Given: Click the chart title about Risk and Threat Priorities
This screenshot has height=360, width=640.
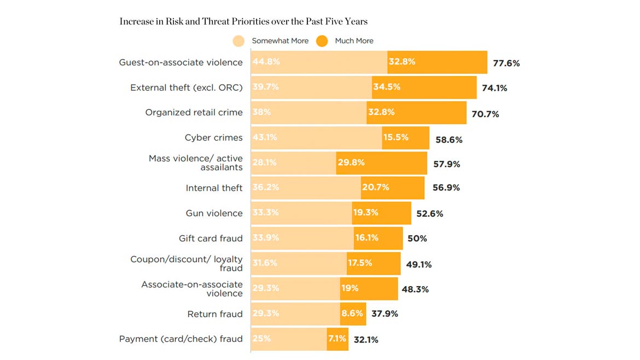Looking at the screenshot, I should click(x=243, y=21).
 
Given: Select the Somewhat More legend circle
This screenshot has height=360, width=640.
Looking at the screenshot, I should click(x=238, y=41).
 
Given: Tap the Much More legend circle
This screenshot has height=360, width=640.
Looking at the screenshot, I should click(x=322, y=41).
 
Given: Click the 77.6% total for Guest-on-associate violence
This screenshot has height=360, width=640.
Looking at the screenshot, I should click(x=506, y=63).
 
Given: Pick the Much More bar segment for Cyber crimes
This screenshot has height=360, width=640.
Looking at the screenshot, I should click(x=405, y=138).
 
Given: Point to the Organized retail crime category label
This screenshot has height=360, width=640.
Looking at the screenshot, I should click(x=194, y=112).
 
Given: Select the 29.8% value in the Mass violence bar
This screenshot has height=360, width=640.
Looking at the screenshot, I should click(x=351, y=162).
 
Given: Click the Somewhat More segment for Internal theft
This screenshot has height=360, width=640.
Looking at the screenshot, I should click(x=306, y=188).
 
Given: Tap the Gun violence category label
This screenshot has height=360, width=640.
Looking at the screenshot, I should click(x=214, y=213).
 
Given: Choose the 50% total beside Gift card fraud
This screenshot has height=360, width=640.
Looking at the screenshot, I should click(x=417, y=239).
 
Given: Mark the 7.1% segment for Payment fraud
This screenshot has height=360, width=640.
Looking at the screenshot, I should click(x=338, y=339).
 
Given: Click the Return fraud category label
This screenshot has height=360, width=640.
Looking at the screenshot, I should click(x=215, y=314).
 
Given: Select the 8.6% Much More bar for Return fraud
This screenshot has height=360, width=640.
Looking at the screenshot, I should click(x=353, y=313).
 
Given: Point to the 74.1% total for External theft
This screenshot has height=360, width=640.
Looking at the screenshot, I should click(x=494, y=88).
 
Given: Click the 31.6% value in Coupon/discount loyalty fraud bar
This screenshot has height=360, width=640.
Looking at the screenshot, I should click(x=265, y=263).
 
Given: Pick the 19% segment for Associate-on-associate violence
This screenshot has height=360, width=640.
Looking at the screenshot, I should click(x=369, y=288).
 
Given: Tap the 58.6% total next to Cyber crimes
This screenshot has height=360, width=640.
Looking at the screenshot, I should click(x=449, y=140).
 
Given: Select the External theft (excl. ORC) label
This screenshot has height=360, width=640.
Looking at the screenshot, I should click(x=186, y=88).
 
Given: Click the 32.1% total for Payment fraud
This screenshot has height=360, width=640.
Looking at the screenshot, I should click(x=366, y=340).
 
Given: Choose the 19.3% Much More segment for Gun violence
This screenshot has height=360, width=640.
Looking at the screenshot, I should click(x=381, y=213).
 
